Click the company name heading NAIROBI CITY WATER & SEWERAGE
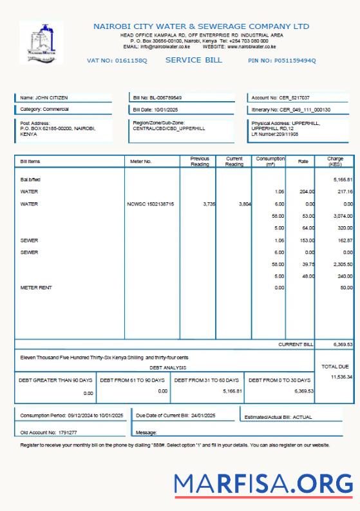201,26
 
